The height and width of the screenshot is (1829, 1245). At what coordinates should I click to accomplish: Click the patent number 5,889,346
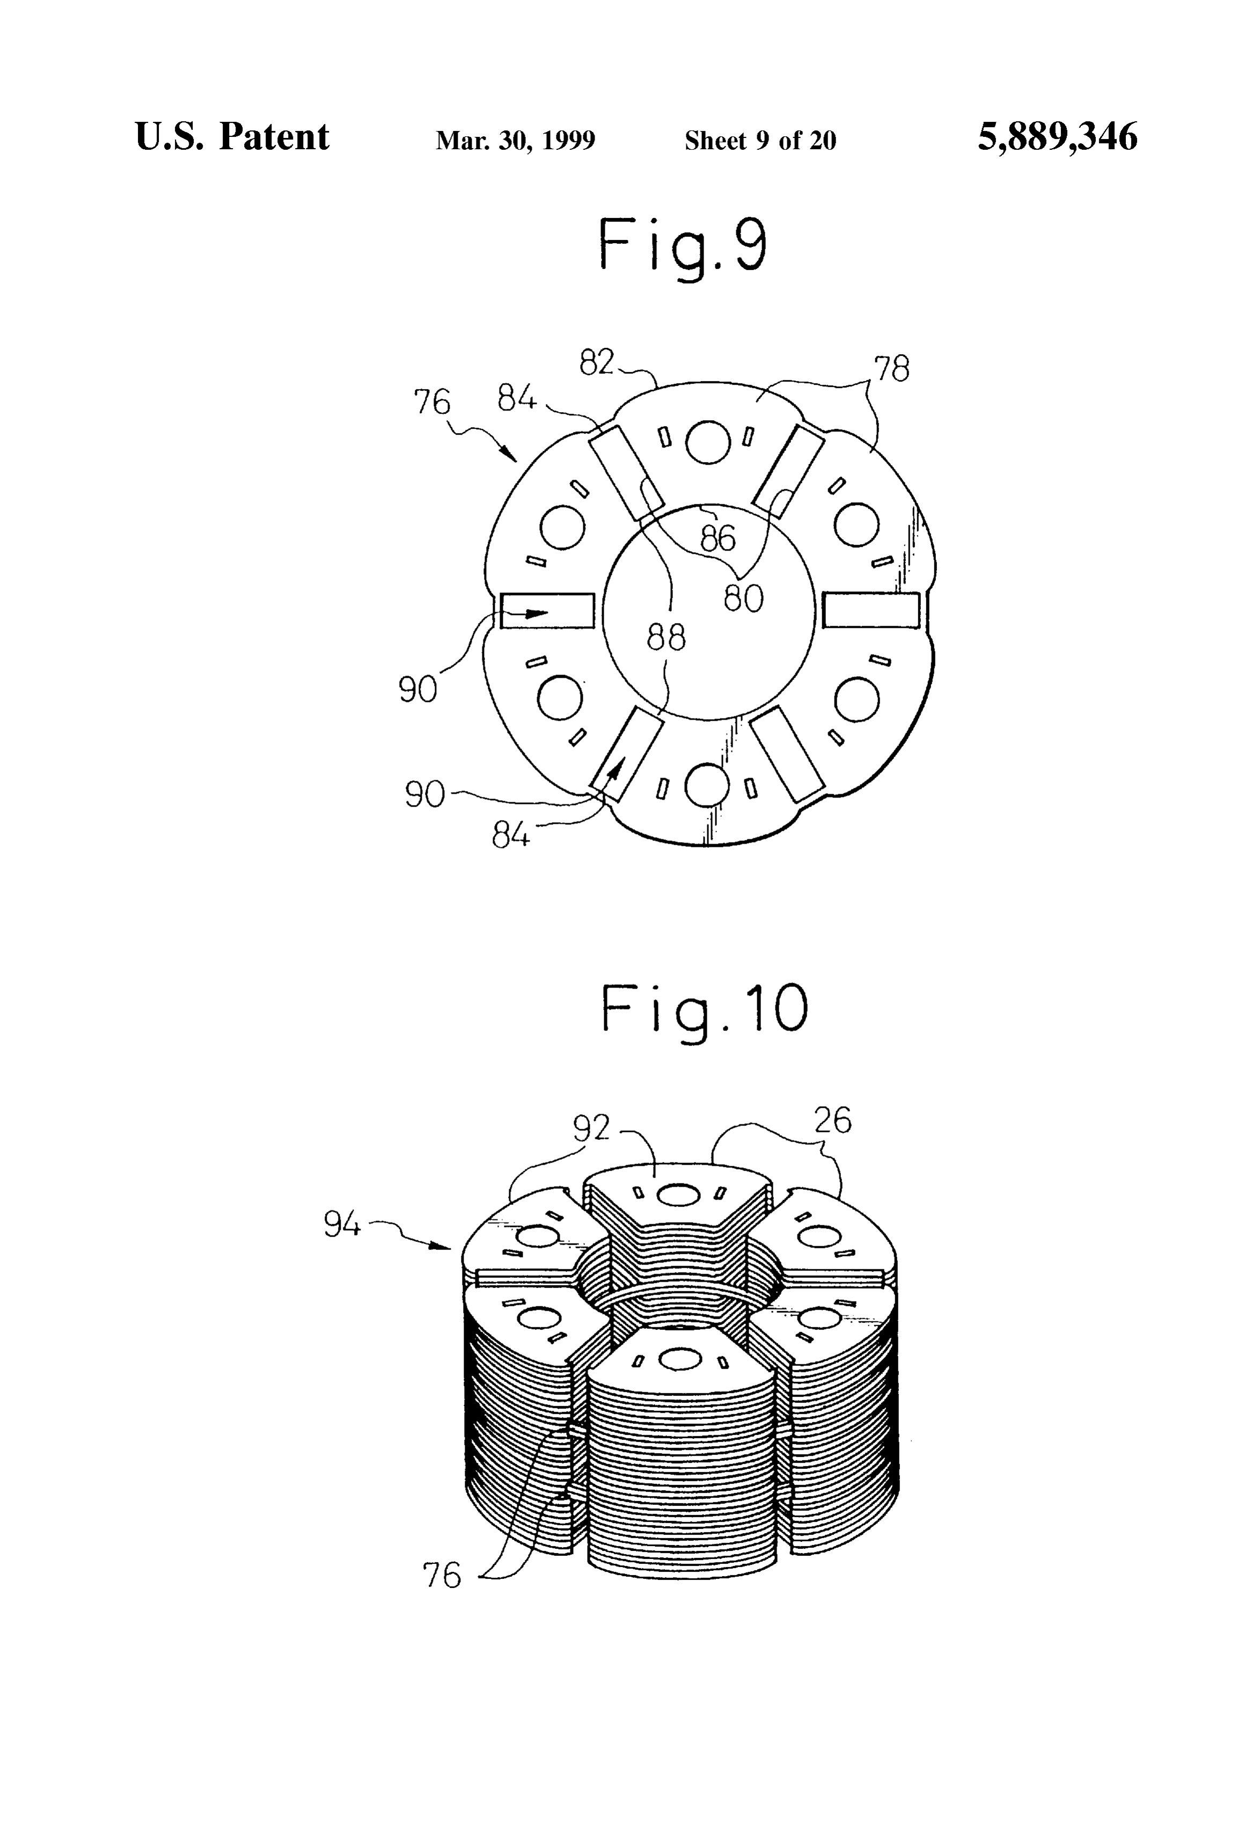point(1057,138)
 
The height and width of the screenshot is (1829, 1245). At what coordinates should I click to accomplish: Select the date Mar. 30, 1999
point(516,140)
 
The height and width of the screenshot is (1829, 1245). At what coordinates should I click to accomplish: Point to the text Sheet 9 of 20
point(760,140)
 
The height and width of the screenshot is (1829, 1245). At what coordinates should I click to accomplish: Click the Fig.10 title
point(705,1009)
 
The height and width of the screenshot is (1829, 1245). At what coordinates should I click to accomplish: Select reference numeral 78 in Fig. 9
point(892,368)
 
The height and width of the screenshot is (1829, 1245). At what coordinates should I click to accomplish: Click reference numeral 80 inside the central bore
point(743,599)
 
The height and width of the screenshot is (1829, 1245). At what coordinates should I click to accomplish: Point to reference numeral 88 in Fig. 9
point(666,638)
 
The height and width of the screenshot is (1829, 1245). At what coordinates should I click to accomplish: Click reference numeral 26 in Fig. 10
point(833,1120)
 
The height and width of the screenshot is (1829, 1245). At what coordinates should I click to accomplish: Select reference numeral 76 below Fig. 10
point(442,1576)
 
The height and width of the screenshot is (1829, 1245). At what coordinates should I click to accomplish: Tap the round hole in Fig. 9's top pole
point(707,443)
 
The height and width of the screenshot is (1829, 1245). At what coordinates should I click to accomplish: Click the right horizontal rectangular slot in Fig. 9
point(870,610)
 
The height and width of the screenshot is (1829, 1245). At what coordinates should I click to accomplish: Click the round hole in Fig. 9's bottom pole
point(707,786)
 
